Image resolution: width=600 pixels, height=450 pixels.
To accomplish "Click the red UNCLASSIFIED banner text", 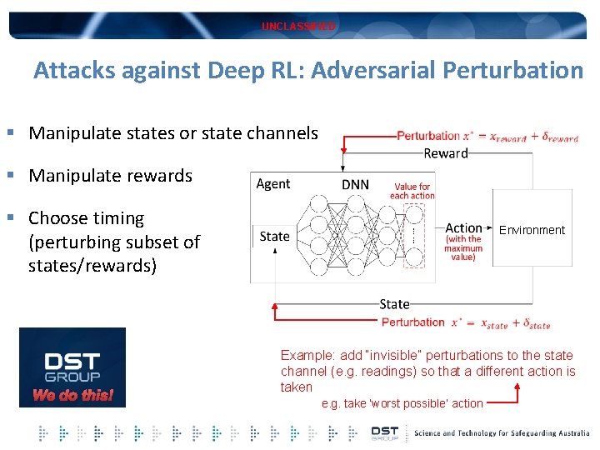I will (x=299, y=27).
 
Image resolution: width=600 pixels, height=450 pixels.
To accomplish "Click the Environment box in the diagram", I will (x=532, y=230).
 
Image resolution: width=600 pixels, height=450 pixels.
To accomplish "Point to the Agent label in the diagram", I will (x=273, y=184).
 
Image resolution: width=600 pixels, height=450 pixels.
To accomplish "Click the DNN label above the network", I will (x=356, y=184).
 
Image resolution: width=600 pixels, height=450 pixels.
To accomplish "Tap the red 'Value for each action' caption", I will (x=412, y=192).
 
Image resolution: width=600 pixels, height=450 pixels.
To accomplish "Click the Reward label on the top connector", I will (x=446, y=153).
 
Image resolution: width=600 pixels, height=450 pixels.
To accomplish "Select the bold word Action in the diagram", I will (x=463, y=227).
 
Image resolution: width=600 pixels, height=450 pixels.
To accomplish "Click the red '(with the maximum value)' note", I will (x=463, y=247).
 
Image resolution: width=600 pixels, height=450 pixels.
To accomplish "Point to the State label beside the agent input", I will (x=275, y=237).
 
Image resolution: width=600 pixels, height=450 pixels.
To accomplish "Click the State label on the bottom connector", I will (x=394, y=304).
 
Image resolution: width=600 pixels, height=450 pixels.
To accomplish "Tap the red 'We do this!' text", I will (x=72, y=395).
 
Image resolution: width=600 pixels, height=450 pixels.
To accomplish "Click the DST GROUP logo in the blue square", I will (x=72, y=366).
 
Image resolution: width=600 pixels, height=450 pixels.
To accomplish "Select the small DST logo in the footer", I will (x=385, y=432).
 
